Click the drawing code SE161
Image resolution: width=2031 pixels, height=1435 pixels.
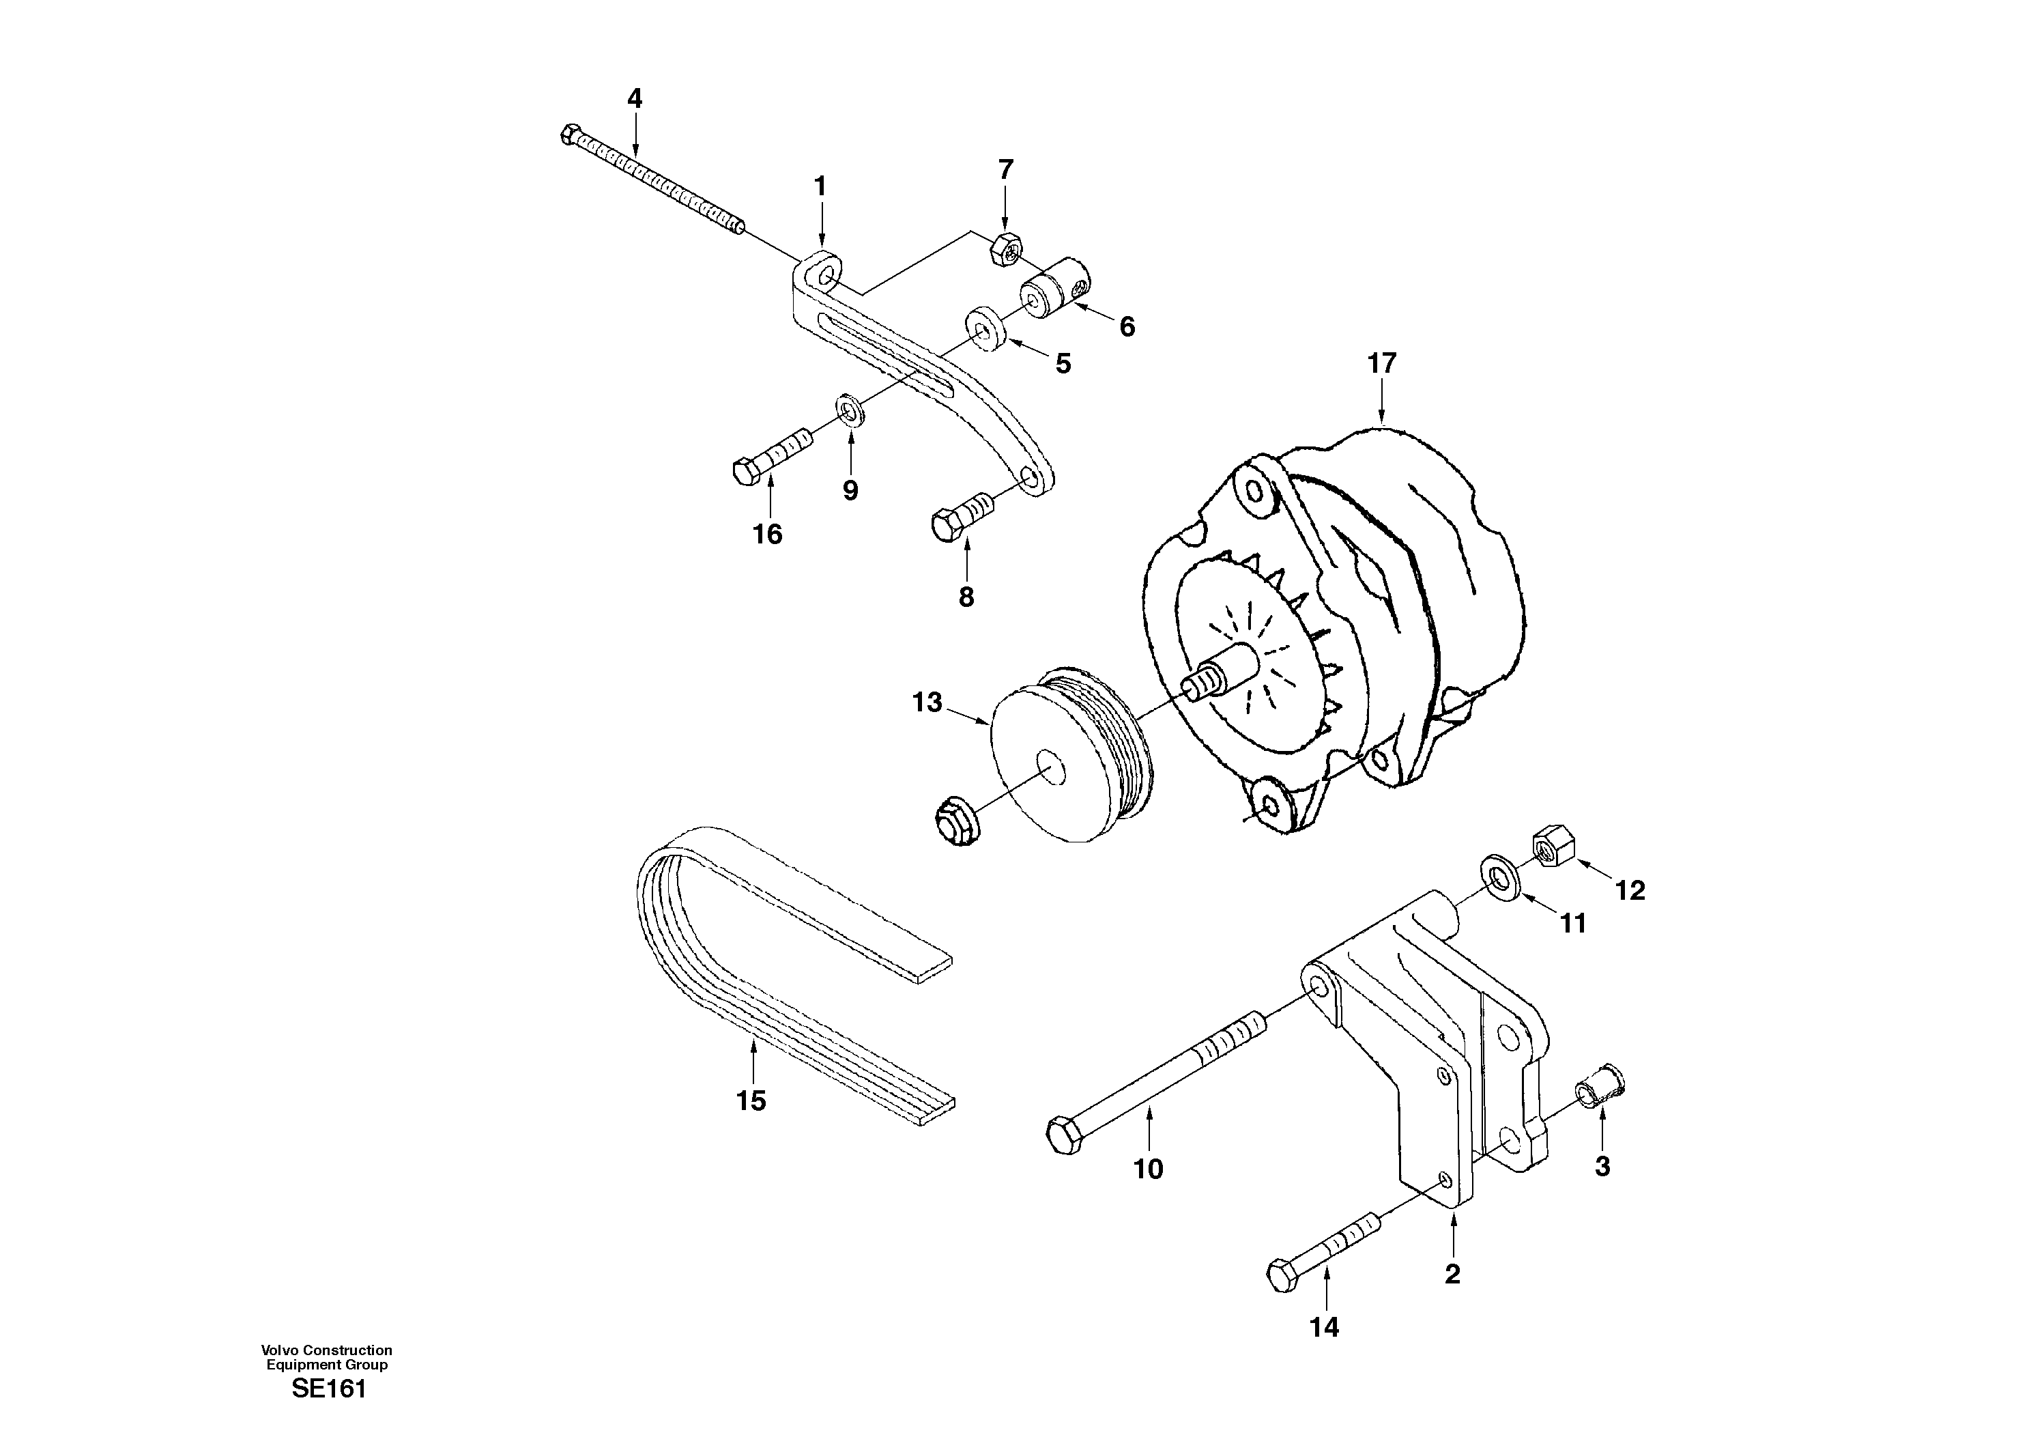pyautogui.click(x=328, y=1390)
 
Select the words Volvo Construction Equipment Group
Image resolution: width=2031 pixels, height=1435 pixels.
pyautogui.click(x=326, y=1356)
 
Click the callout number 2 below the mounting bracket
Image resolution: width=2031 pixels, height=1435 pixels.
pyautogui.click(x=1452, y=1275)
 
